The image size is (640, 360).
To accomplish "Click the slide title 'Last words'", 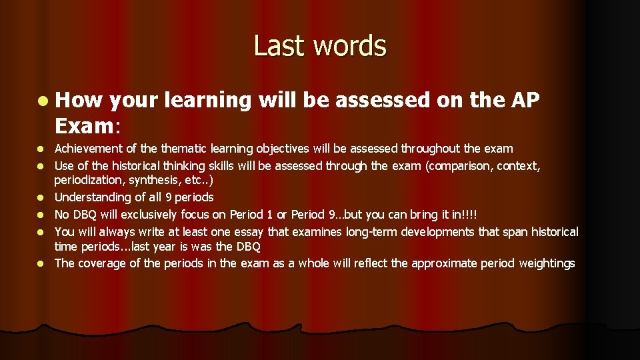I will tap(319, 46).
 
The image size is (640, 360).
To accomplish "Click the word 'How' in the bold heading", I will tap(78, 101).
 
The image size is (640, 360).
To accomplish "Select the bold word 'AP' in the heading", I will tap(525, 101).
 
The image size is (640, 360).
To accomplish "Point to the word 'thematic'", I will tap(177, 149).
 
